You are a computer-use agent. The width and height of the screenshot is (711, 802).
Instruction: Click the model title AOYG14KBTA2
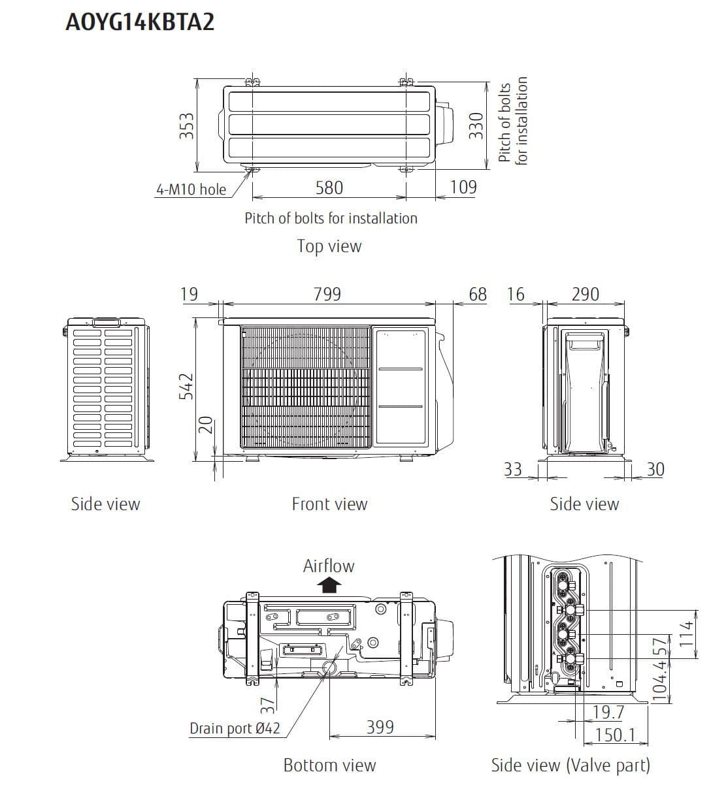point(140,22)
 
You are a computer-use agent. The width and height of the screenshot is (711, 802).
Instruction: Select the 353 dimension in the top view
point(186,126)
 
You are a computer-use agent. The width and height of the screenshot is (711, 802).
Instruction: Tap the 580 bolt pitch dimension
point(329,187)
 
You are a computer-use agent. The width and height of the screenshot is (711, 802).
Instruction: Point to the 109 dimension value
point(463,187)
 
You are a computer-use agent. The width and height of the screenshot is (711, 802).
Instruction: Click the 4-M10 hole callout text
point(191,189)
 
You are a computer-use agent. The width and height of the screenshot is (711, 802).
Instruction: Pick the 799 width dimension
point(327,294)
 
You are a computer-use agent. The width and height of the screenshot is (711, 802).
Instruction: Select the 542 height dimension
point(186,386)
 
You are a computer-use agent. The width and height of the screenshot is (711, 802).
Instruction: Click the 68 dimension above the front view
point(478,294)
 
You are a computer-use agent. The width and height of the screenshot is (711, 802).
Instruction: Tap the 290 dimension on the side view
point(585,294)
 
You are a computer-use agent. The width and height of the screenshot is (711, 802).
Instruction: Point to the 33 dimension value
point(512,469)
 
